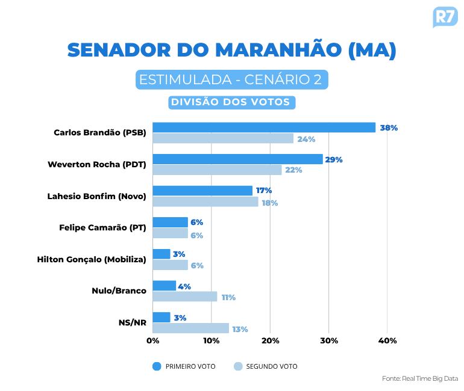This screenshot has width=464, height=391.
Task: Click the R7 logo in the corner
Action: (x=445, y=16)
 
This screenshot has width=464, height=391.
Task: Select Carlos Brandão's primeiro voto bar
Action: (x=263, y=128)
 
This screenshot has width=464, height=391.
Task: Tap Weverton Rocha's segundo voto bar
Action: (x=217, y=170)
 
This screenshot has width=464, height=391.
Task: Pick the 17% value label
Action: (x=264, y=191)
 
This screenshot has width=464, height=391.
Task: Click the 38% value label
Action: (x=389, y=128)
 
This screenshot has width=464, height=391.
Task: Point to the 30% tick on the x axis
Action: (x=328, y=341)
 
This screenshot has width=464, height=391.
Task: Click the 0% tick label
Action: (x=153, y=341)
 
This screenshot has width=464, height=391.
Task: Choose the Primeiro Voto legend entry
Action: (x=184, y=366)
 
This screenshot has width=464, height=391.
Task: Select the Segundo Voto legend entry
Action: (x=265, y=366)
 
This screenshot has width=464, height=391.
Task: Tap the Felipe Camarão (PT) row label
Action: (x=102, y=227)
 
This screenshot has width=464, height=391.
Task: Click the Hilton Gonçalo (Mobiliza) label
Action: (x=92, y=259)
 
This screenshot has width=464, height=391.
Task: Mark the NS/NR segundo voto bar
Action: (x=190, y=328)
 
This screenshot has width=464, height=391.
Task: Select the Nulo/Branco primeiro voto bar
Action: (x=164, y=286)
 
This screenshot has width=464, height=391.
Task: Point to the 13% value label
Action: (x=240, y=329)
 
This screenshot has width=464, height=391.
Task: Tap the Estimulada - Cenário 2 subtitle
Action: (x=232, y=80)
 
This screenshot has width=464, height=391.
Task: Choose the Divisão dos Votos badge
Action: (x=231, y=102)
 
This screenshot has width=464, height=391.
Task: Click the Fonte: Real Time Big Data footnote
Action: (x=420, y=378)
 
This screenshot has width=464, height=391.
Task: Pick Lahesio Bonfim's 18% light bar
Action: (x=205, y=202)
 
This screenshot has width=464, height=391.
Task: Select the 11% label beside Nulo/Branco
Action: (x=228, y=297)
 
